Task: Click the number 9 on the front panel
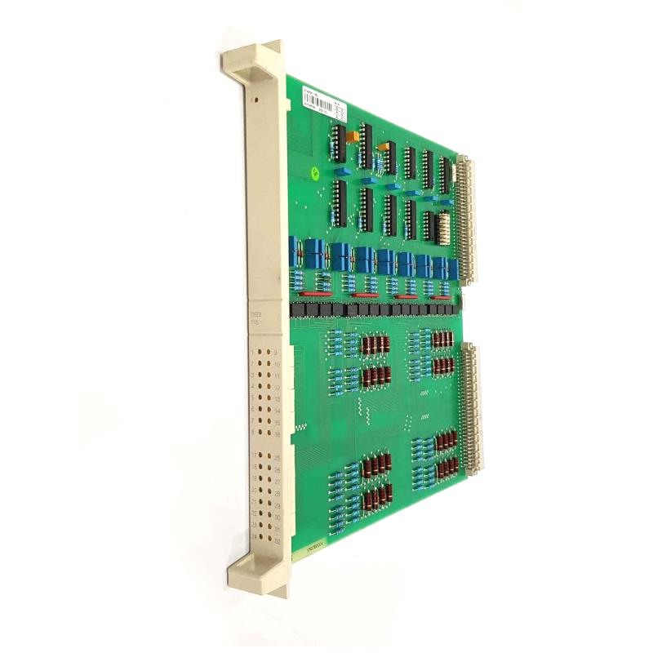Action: point(276,352)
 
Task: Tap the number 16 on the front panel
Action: point(277,434)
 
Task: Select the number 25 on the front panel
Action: point(277,460)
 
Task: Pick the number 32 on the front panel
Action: point(278,540)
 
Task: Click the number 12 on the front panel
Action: point(277,387)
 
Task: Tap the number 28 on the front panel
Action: point(278,494)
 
